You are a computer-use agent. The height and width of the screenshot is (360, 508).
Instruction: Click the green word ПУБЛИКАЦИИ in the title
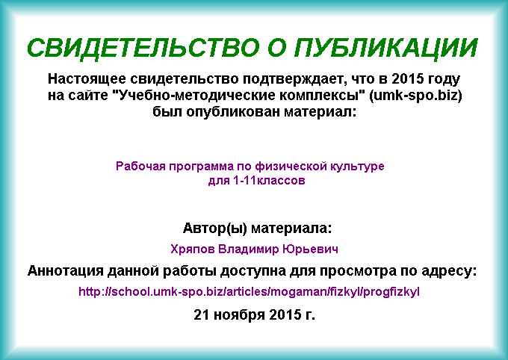386,49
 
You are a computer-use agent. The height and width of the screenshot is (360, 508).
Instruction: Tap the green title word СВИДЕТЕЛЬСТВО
143,49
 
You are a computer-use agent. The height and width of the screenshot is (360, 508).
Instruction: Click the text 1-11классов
269,181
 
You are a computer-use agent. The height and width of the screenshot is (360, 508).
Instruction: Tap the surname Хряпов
193,249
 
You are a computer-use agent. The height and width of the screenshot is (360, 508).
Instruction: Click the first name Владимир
249,249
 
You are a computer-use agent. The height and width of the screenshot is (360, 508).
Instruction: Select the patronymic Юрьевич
310,249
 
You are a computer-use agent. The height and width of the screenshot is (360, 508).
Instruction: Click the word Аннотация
65,270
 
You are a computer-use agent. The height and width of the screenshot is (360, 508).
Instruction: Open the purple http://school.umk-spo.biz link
249,292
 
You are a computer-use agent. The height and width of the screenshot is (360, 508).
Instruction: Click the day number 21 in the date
202,314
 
